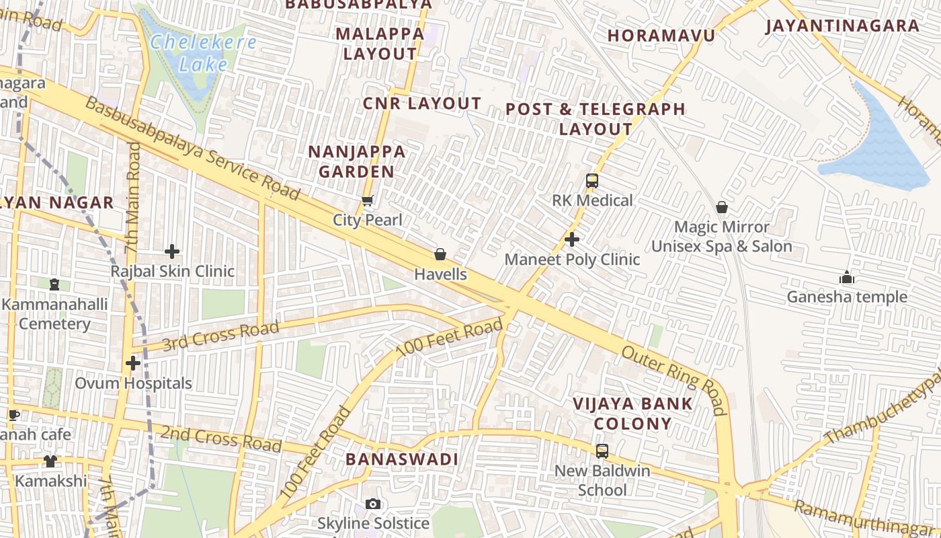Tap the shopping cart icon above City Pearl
click(x=368, y=200)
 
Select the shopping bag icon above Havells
click(x=440, y=254)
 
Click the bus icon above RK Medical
click(x=592, y=180)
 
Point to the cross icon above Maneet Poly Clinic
click(x=572, y=239)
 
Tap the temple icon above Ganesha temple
click(x=847, y=277)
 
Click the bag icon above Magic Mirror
click(x=722, y=207)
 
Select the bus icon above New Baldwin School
click(x=602, y=451)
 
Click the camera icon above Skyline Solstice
click(x=373, y=504)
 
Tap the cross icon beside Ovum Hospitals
click(x=133, y=363)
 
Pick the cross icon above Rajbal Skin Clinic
click(x=172, y=252)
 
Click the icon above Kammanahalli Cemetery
click(x=54, y=284)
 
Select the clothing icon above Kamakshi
click(x=51, y=461)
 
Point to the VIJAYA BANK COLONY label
click(x=632, y=414)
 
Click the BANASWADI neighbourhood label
click(x=402, y=459)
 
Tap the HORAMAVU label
click(x=661, y=35)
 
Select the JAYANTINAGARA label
click(x=842, y=26)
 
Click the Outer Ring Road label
click(x=673, y=381)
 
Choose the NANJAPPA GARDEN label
click(x=357, y=161)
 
